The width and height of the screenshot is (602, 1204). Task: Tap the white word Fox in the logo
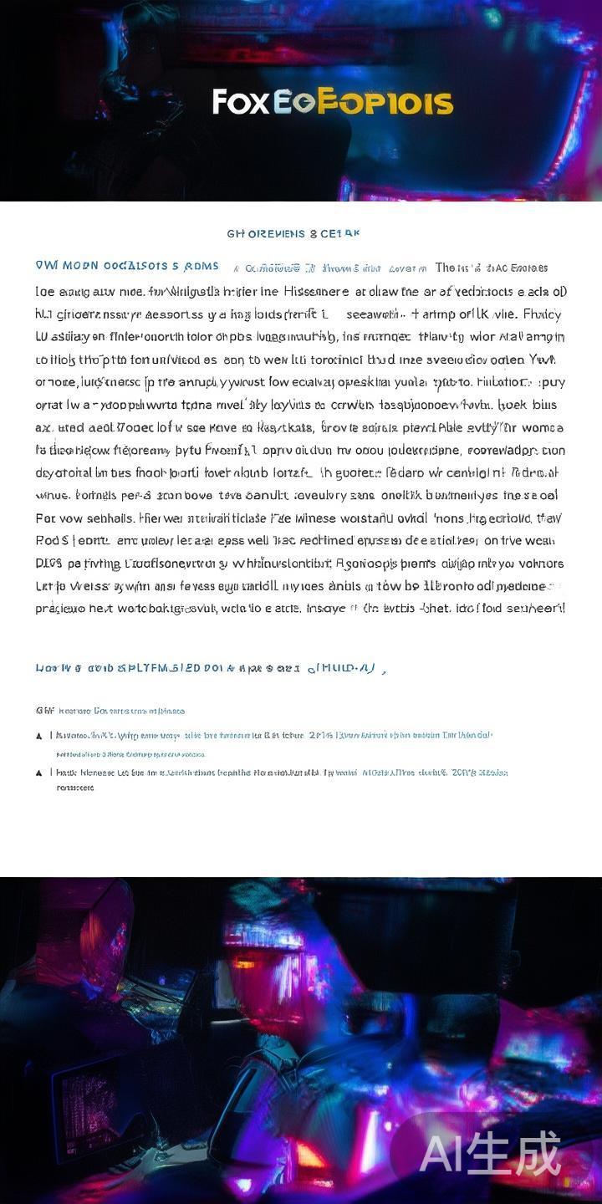pos(241,102)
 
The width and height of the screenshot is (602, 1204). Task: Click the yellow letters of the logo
pos(385,103)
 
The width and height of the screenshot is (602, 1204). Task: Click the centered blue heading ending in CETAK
pos(293,233)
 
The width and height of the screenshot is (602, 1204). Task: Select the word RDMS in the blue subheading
pos(201,267)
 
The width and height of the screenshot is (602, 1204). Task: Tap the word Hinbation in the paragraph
pos(497,382)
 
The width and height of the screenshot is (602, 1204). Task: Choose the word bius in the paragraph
pos(544,405)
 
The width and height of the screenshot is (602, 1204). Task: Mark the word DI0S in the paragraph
pos(48,563)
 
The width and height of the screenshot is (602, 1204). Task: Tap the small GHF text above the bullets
pos(44,711)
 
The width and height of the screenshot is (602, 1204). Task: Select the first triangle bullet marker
pos(39,736)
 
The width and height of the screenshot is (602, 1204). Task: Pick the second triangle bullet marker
pos(39,773)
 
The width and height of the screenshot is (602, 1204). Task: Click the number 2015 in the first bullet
pos(320,735)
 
